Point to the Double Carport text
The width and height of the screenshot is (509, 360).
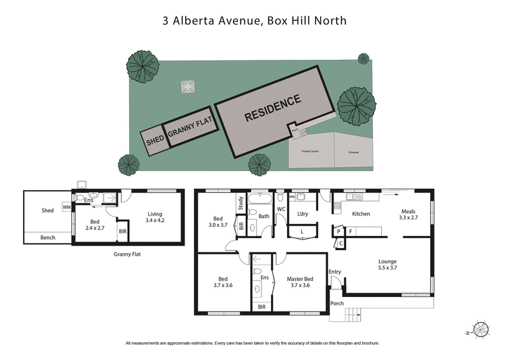click(x=306, y=152)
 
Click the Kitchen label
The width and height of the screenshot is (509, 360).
click(x=361, y=214)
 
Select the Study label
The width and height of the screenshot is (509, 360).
click(x=241, y=204)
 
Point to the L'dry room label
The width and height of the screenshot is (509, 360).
click(x=303, y=214)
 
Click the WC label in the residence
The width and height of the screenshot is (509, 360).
click(x=281, y=209)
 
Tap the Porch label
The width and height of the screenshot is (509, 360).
click(x=337, y=303)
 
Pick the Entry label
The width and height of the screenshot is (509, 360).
click(x=335, y=272)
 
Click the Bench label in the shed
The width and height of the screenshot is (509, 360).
click(x=48, y=238)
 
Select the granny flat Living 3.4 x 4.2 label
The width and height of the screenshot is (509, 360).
click(x=156, y=218)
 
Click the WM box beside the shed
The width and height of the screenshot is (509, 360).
click(x=66, y=207)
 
